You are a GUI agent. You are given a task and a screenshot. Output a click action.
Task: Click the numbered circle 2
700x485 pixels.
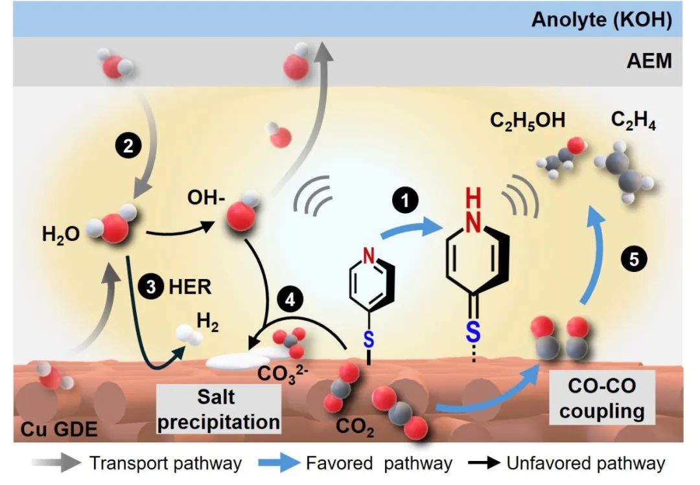click(128, 145)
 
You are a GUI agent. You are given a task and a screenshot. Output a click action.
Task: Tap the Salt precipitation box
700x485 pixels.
click(218, 410)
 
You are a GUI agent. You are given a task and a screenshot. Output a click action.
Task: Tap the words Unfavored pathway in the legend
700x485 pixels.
click(585, 463)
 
